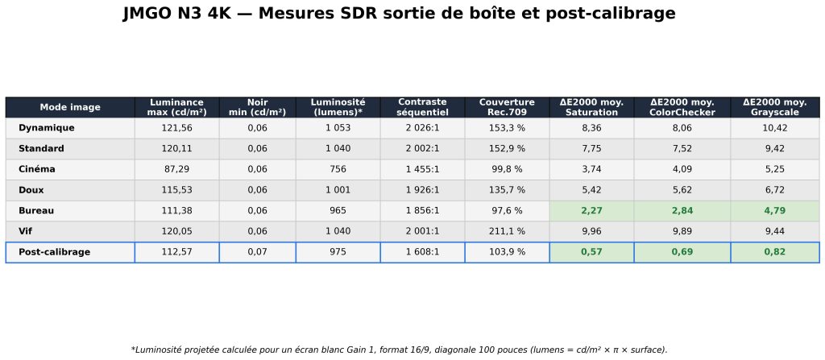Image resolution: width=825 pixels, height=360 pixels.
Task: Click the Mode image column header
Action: pyautogui.click(x=70, y=107)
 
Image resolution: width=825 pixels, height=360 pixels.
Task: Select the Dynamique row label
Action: pyautogui.click(x=46, y=128)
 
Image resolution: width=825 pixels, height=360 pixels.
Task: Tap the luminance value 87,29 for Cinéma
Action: pyautogui.click(x=176, y=169)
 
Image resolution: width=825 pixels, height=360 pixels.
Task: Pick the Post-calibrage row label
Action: pyautogui.click(x=54, y=252)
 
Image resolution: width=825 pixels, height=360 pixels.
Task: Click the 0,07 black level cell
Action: pyautogui.click(x=257, y=252)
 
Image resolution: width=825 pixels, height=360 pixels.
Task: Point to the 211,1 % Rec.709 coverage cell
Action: pyautogui.click(x=508, y=231)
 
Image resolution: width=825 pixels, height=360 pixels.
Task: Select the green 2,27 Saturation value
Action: pyautogui.click(x=591, y=210)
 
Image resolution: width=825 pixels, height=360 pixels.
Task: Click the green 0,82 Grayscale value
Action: pyautogui.click(x=774, y=252)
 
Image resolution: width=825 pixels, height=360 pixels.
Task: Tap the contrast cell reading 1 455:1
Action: pyautogui.click(x=422, y=169)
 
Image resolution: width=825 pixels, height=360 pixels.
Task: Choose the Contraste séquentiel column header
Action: pyautogui.click(x=422, y=107)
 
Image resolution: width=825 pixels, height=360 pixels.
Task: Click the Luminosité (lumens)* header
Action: pyautogui.click(x=338, y=107)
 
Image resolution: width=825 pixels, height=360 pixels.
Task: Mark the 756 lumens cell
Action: pyautogui.click(x=338, y=169)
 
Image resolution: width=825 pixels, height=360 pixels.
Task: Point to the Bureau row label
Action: pyautogui.click(x=36, y=210)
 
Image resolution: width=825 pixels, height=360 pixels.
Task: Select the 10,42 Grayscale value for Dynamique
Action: pyautogui.click(x=774, y=128)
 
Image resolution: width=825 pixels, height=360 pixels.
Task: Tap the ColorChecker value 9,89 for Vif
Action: pyautogui.click(x=682, y=231)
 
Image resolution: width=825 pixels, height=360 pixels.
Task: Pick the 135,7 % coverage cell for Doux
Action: pyautogui.click(x=508, y=190)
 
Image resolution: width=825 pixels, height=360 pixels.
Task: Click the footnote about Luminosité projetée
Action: pyautogui.click(x=399, y=350)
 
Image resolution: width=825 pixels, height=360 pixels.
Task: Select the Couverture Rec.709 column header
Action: pyautogui.click(x=508, y=107)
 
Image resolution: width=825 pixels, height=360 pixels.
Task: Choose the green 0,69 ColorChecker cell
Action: pyautogui.click(x=682, y=252)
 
